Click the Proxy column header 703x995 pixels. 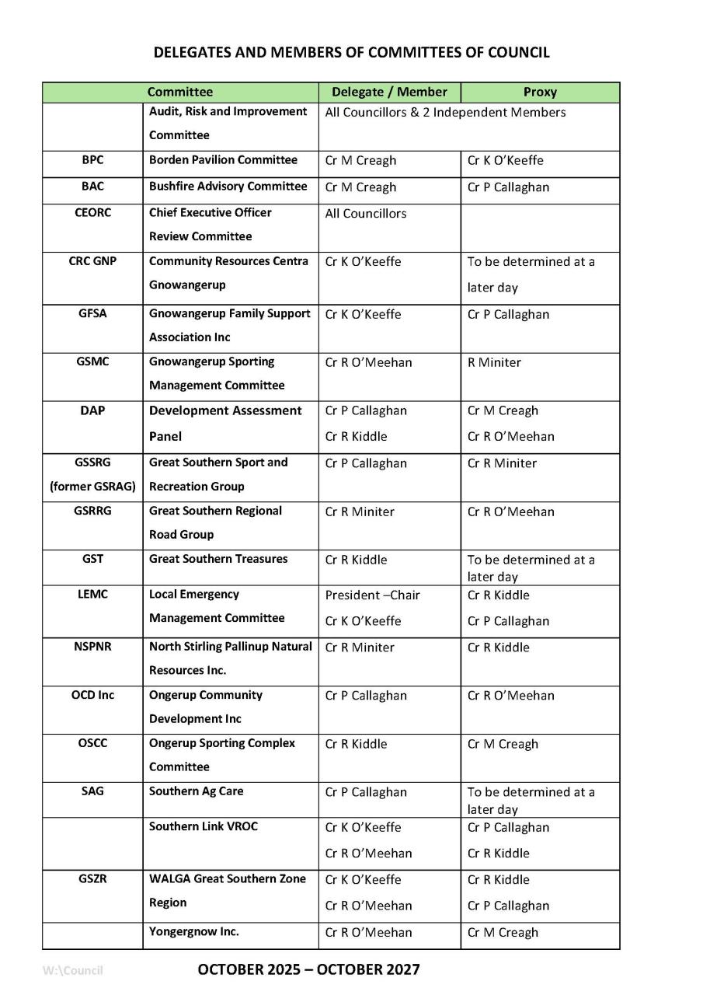click(x=540, y=93)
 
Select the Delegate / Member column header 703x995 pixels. click(x=389, y=93)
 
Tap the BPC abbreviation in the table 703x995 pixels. click(x=92, y=160)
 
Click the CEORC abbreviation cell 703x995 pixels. click(x=92, y=212)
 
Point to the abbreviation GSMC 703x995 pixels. click(x=92, y=361)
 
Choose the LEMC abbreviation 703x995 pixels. click(x=92, y=595)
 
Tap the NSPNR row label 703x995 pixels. click(x=92, y=647)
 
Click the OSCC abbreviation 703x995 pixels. click(x=92, y=743)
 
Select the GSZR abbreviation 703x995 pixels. click(x=92, y=879)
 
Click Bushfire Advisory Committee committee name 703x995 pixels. click(x=228, y=187)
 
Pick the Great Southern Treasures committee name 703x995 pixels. click(x=218, y=559)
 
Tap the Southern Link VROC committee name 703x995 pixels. click(x=204, y=826)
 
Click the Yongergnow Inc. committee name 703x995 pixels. click(x=194, y=931)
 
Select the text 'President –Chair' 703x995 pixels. click(x=372, y=595)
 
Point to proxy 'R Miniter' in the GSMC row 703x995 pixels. click(x=494, y=363)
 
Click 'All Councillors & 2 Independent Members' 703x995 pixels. click(x=445, y=113)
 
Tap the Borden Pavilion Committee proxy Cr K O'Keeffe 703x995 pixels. click(x=505, y=161)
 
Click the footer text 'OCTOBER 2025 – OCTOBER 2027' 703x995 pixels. click(x=308, y=969)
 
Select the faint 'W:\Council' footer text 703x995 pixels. click(x=73, y=970)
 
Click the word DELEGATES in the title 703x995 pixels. click(x=190, y=53)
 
